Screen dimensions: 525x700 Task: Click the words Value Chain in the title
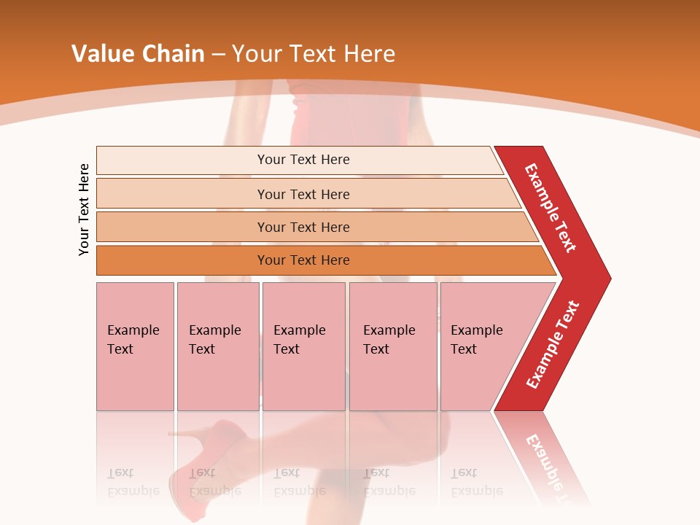coord(138,54)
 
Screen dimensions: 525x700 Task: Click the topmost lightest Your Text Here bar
coord(303,160)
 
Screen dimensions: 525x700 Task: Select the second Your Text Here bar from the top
coord(303,194)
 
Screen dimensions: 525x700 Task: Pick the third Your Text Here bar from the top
coord(303,227)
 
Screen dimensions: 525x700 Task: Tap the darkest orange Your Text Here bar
coord(303,260)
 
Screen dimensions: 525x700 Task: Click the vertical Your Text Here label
coord(84,209)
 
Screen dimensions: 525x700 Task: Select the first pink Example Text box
coord(135,346)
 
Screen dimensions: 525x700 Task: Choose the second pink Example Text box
coord(217,346)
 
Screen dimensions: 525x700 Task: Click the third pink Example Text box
coord(303,346)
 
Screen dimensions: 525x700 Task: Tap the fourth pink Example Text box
coord(392,346)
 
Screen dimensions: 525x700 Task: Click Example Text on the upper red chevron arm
coord(551,208)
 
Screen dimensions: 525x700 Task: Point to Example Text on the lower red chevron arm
coord(553,345)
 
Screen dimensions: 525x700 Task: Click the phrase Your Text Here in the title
coord(314,54)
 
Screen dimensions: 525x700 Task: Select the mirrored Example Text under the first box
coord(133,482)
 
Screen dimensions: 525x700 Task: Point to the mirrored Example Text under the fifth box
coord(477,482)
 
